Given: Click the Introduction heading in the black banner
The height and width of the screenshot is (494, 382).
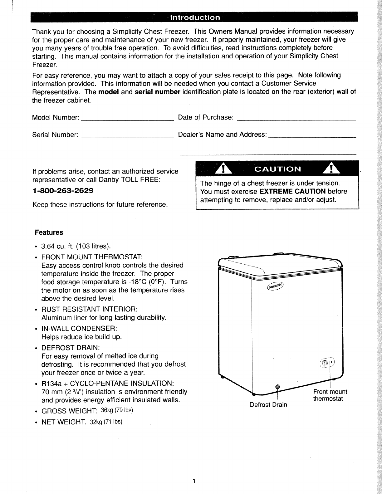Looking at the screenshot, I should point(194,17).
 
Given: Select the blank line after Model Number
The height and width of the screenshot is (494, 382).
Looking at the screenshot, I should point(127,119).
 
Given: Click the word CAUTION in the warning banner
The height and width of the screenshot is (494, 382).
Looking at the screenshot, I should point(278,169).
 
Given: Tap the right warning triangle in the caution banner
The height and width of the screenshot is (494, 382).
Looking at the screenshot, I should point(333,169).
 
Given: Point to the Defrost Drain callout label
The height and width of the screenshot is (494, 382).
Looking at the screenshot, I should point(268,405).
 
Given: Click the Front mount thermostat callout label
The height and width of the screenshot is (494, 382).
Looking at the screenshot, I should point(330,395).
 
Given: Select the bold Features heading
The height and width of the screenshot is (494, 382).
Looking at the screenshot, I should point(49,232).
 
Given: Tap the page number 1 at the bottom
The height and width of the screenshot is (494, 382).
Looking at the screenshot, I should point(194,481).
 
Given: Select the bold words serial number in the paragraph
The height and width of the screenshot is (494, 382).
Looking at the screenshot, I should point(157,92).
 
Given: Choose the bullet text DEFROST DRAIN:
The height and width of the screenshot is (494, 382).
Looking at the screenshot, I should point(70,348).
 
